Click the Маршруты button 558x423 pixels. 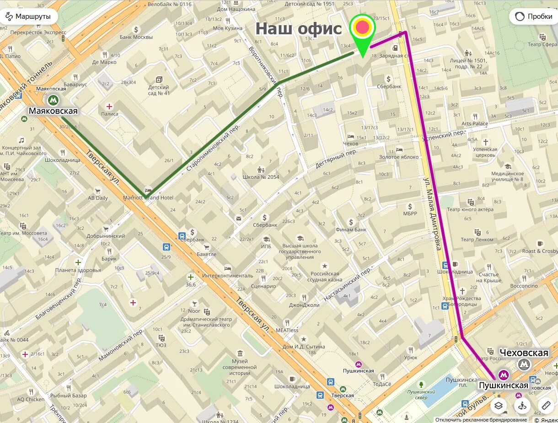tap(29, 16)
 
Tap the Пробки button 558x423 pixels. tap(534, 16)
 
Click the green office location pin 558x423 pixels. tap(363, 32)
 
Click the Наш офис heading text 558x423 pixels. tap(298, 28)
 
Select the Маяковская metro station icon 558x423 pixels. tap(53, 100)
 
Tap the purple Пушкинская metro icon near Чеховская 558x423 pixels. tap(504, 375)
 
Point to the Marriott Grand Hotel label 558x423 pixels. tap(148, 198)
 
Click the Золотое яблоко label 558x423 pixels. tap(398, 157)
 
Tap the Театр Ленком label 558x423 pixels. tap(477, 239)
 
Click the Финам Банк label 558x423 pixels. tap(351, 229)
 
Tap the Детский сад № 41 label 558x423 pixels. tap(159, 90)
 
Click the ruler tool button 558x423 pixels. tap(546, 405)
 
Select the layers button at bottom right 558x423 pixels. tap(499, 405)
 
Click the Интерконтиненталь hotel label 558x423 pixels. tap(228, 276)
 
